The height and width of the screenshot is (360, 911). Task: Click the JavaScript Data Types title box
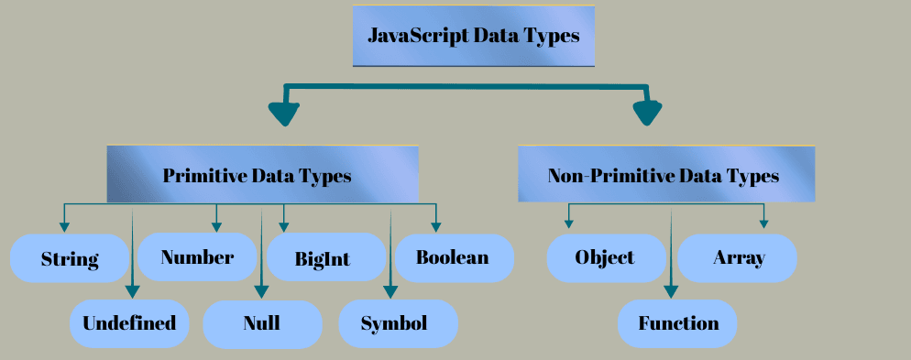tap(473, 37)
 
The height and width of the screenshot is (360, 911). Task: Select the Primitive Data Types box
tap(262, 174)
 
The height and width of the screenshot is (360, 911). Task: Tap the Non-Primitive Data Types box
tap(665, 174)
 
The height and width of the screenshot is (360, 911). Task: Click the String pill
tap(70, 258)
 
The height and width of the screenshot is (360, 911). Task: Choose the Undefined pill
tap(129, 323)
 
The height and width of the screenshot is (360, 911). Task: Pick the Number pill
tap(197, 257)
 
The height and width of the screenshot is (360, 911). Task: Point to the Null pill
tap(262, 323)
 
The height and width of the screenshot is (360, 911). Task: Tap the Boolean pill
tap(453, 257)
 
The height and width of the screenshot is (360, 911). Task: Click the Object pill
tap(606, 257)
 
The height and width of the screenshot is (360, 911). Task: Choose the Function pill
tap(677, 323)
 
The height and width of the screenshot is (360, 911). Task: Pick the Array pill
tap(738, 257)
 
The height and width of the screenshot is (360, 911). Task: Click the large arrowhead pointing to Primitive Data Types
tap(285, 114)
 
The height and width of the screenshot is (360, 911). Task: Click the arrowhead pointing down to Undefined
tap(134, 292)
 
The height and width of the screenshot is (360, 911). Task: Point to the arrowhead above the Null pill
tap(261, 292)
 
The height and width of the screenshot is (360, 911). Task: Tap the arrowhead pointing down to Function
tap(671, 292)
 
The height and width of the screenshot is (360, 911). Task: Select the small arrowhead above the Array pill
tap(763, 224)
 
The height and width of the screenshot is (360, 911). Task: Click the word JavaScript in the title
tap(417, 37)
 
